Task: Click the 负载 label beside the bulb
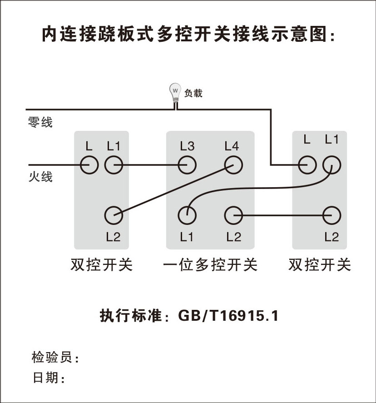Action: pos(193,94)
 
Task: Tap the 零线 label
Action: pos(40,122)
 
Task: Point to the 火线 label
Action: pos(40,176)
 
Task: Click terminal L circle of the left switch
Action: pos(89,164)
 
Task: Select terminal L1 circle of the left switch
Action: pos(114,164)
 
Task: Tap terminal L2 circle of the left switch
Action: pos(114,214)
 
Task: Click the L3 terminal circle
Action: pos(187,164)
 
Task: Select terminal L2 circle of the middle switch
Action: pos(233,214)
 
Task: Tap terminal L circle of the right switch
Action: pos(307,164)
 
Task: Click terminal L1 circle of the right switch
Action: pos(331,164)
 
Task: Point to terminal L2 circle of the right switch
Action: pos(331,214)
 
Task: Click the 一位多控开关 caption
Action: pos(210,264)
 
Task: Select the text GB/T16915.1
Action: pos(228,316)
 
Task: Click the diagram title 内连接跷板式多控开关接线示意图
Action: pos(188,35)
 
